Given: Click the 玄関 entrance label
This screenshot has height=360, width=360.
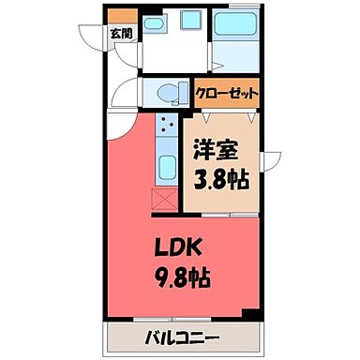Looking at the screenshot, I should (x=121, y=35).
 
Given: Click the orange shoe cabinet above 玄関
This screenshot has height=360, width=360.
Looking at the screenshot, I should (x=122, y=16).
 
